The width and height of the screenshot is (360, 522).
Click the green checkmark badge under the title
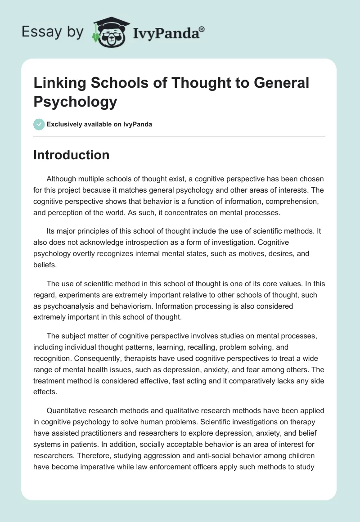39,124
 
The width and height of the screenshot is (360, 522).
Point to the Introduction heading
72,155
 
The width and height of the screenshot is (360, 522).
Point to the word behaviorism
131,306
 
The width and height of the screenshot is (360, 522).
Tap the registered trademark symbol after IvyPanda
202,28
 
